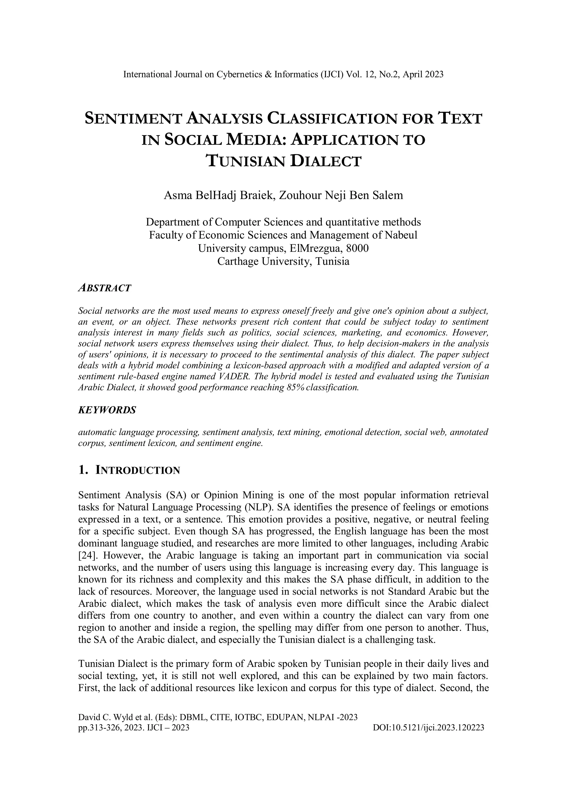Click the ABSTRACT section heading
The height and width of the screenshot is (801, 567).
coord(104,288)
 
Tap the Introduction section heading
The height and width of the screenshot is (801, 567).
coord(129,470)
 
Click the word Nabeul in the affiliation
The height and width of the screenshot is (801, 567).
coord(401,235)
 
